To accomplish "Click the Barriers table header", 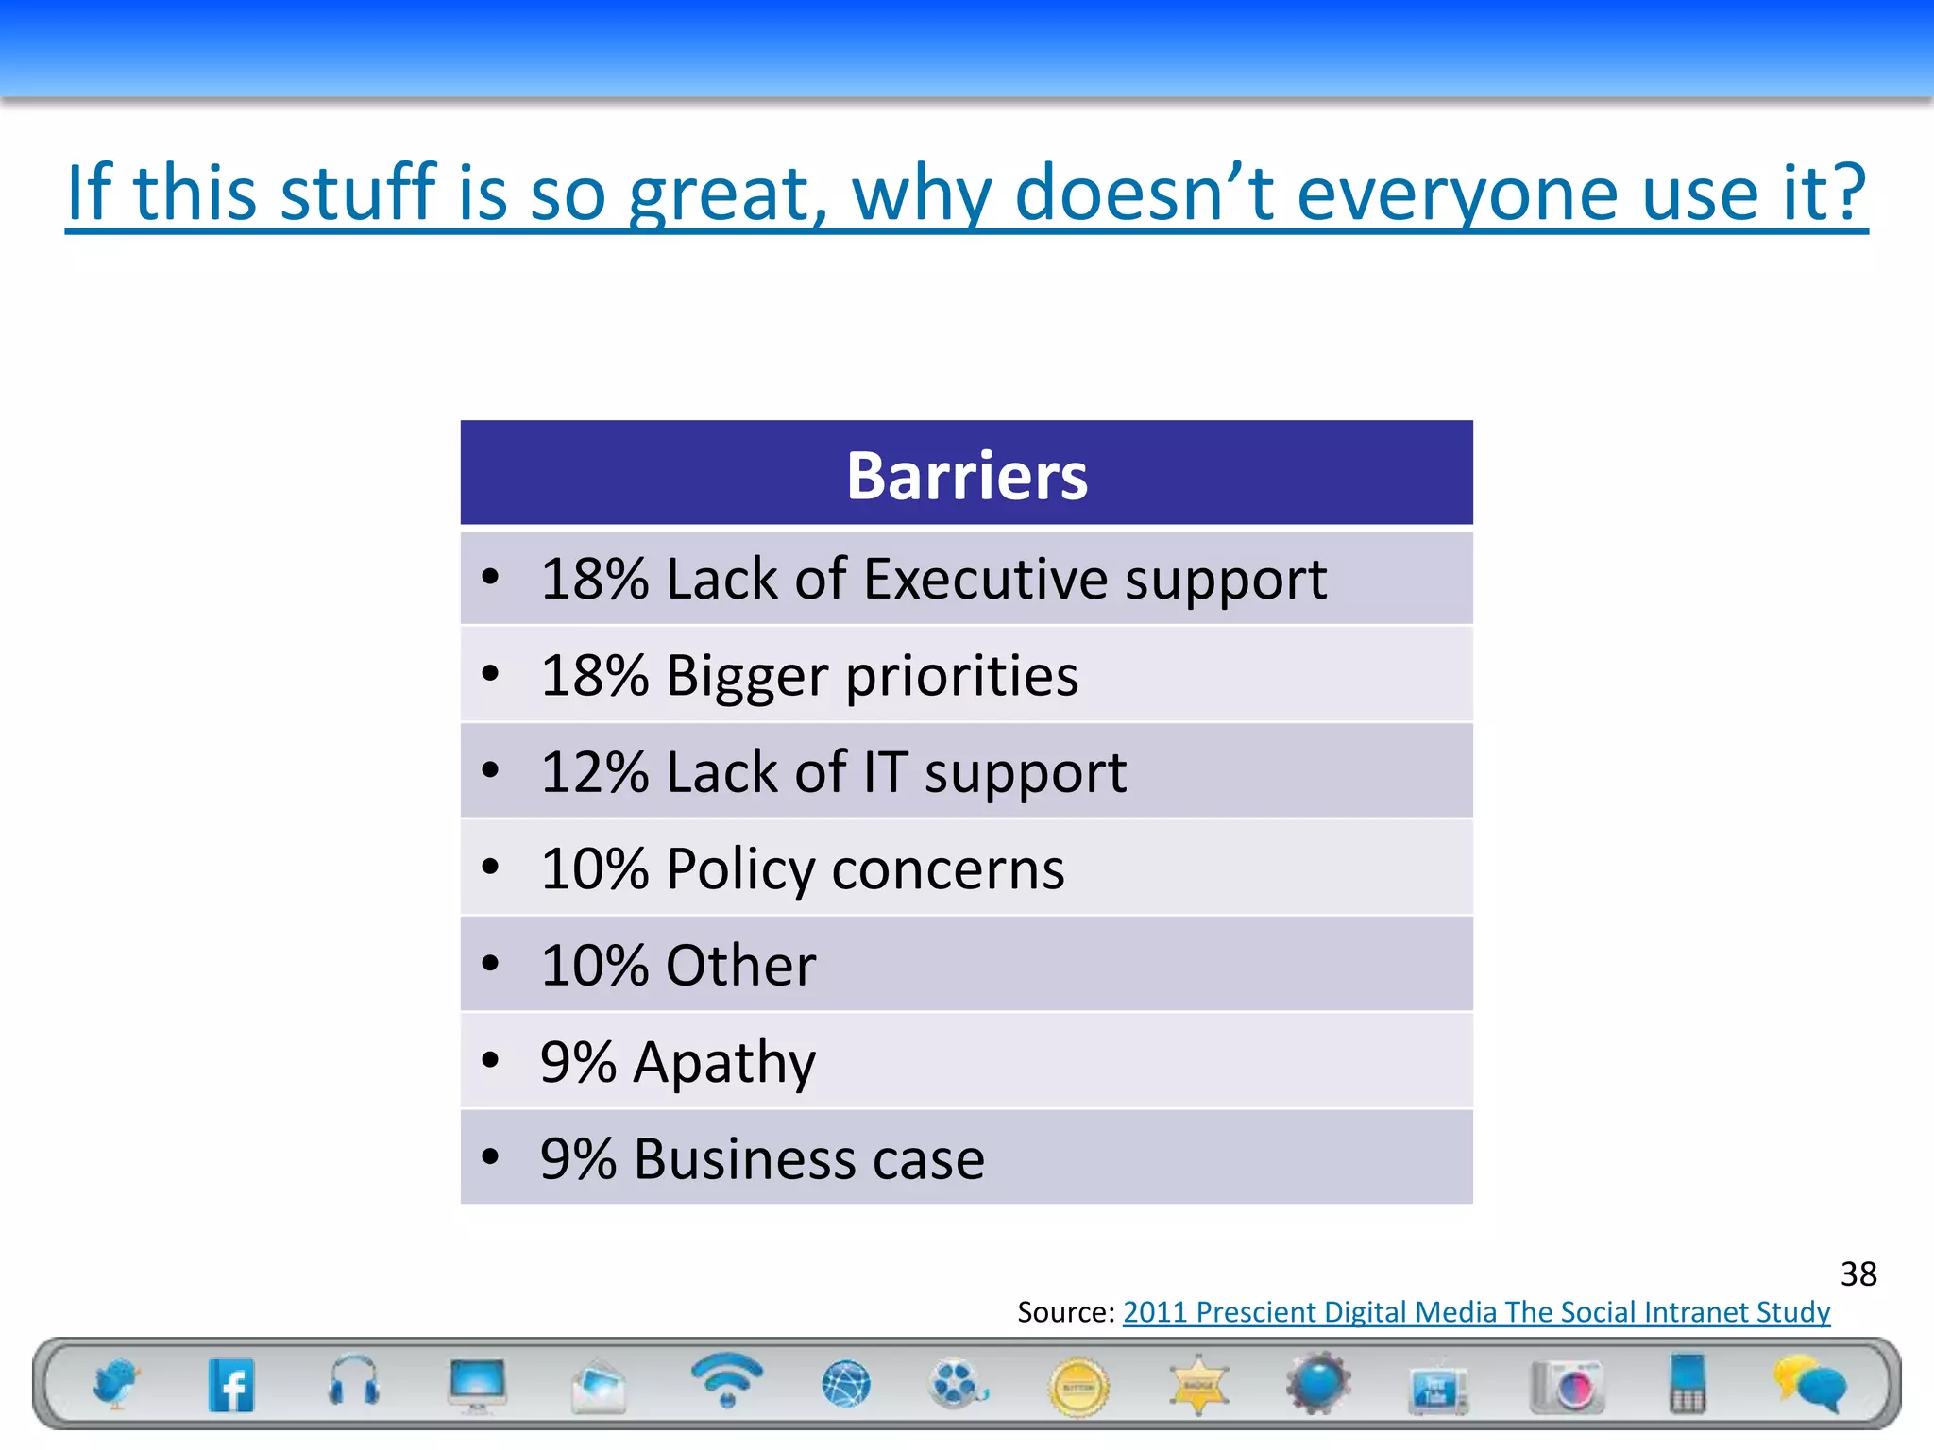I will tap(966, 475).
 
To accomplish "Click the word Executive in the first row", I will tap(985, 579).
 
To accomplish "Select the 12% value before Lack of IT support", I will tap(595, 772).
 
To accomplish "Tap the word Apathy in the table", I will tap(724, 1063).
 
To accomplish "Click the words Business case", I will tap(809, 1159).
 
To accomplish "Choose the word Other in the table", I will tap(740, 966).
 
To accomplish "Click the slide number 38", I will tap(1858, 1274).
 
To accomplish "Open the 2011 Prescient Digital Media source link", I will tap(1475, 1312).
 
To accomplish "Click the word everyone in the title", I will tap(1458, 193).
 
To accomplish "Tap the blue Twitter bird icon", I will tap(116, 1384).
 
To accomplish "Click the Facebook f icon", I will tap(231, 1386).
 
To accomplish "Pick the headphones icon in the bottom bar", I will tap(353, 1382).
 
